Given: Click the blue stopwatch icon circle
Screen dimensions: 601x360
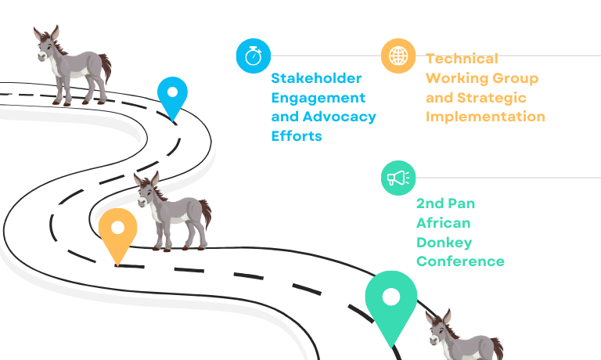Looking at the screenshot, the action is click(x=254, y=56).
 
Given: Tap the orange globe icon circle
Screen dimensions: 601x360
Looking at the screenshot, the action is click(x=398, y=56).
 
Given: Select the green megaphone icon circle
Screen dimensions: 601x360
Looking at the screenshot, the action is click(x=398, y=178).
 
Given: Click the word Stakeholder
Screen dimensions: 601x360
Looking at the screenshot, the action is click(x=316, y=78).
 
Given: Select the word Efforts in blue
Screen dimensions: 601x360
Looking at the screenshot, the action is click(x=297, y=136).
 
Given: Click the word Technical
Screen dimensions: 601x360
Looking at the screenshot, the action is click(x=462, y=59).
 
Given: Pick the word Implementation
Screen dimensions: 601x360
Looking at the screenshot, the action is click(x=485, y=117).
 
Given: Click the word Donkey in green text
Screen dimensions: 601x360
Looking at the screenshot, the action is click(x=444, y=243).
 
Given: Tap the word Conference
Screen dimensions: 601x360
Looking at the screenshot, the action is click(x=460, y=261).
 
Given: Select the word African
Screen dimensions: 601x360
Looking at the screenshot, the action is click(x=444, y=223).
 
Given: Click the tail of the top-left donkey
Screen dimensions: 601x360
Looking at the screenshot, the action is click(x=106, y=67).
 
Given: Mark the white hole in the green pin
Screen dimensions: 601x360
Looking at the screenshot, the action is click(x=391, y=297).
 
